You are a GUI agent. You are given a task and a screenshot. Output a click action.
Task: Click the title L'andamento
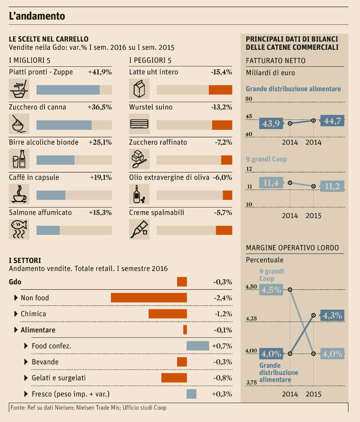pos(37,16)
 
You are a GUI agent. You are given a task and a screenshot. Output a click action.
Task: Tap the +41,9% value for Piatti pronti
pos(100,72)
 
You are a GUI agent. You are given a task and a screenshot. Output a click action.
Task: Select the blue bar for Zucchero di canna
pos(64,125)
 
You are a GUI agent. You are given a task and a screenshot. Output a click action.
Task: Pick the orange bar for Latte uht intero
pos(220,90)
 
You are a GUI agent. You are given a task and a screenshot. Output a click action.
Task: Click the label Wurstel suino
pos(151,107)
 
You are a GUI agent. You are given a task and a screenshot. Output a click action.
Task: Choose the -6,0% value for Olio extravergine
pos(222,178)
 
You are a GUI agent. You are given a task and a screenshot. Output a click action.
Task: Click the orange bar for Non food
pos(149,298)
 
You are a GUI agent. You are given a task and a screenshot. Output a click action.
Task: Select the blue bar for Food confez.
pos(198,346)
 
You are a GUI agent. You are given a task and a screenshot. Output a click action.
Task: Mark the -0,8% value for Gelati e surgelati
pos(223,378)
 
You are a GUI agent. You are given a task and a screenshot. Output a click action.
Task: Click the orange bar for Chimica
pos(168,314)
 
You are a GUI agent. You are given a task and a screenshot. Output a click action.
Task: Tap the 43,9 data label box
pos(271,124)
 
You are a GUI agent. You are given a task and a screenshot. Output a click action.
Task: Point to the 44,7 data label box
pos(332,121)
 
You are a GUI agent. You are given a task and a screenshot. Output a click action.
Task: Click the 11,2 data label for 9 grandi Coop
pos(332,186)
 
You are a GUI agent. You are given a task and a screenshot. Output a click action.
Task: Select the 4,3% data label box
pos(332,315)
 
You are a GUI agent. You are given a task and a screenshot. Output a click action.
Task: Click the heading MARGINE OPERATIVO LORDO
pos(292,248)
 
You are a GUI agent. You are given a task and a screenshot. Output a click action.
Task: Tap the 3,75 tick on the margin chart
pos(252,383)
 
